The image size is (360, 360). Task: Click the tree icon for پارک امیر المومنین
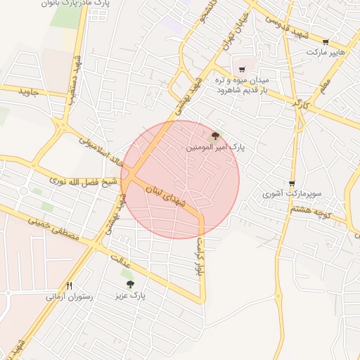(215, 136)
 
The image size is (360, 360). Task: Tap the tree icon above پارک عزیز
(129, 284)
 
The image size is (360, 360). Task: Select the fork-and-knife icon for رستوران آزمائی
(69, 285)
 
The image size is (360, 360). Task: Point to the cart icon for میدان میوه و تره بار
(242, 69)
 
